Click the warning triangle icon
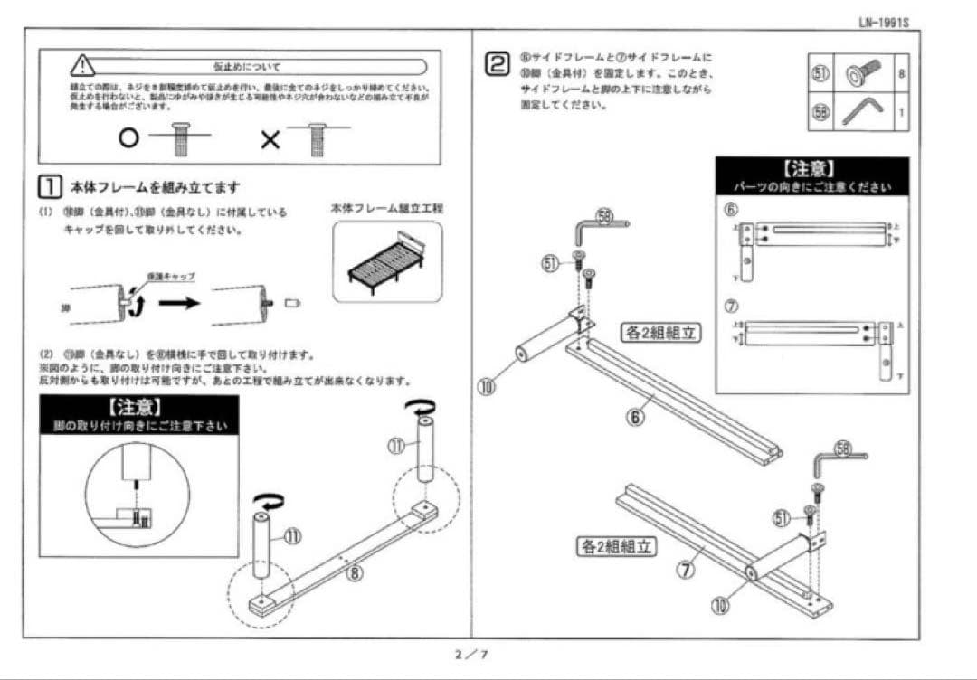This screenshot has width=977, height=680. [82, 66]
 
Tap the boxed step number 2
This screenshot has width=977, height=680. [497, 63]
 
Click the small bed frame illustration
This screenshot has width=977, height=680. [387, 261]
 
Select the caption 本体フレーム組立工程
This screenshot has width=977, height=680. [388, 208]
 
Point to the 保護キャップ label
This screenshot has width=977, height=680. [171, 275]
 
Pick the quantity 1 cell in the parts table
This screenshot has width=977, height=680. [901, 113]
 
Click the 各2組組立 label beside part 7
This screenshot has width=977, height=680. [615, 546]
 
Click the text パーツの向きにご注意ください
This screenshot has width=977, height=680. [811, 187]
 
